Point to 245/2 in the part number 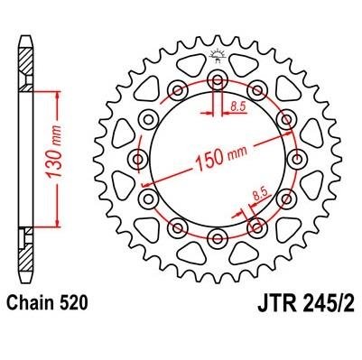(330, 303)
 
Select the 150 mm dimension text (221, 157)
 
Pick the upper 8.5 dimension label (238, 106)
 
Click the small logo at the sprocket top (217, 56)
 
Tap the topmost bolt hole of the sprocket (218, 79)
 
